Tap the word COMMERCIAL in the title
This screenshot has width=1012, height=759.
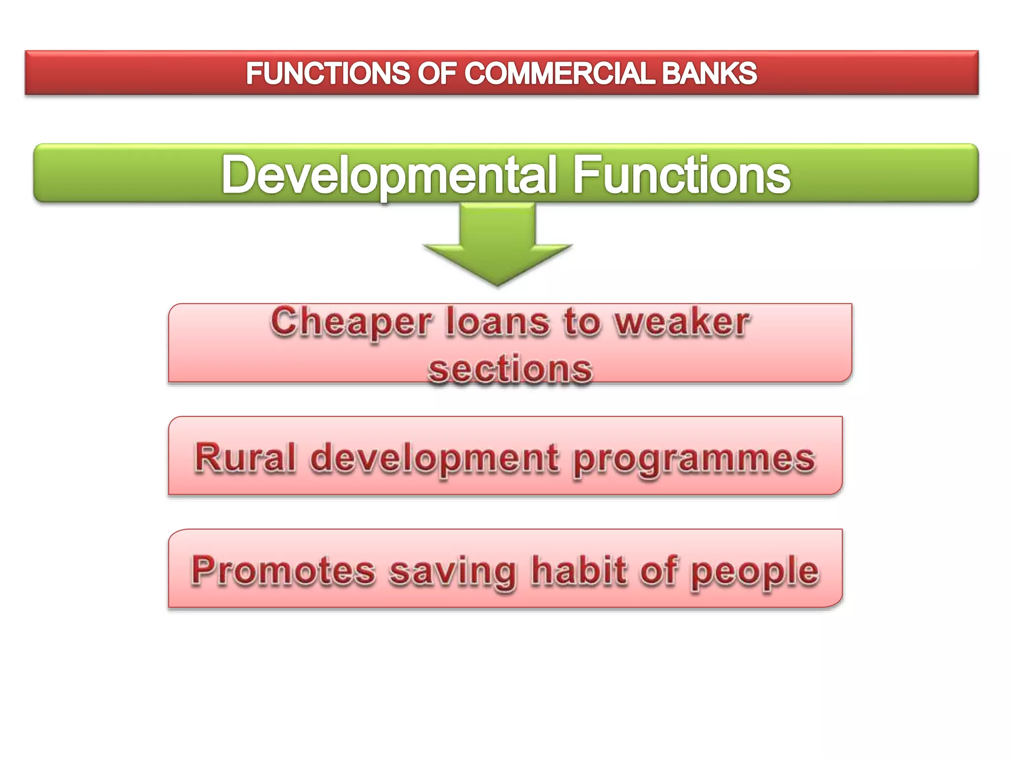(559, 74)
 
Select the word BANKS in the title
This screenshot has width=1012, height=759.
(709, 74)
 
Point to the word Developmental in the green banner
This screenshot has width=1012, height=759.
(388, 175)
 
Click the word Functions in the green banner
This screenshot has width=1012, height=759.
(681, 175)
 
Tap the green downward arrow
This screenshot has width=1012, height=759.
(498, 245)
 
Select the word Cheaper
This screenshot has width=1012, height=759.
(351, 322)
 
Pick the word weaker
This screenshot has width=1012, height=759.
(682, 322)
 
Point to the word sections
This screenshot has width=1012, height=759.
(510, 369)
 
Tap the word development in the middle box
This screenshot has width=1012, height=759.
(435, 459)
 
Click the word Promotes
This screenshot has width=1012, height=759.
(284, 570)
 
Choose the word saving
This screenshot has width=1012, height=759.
(452, 571)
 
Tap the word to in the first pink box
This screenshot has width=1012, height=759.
(582, 322)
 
